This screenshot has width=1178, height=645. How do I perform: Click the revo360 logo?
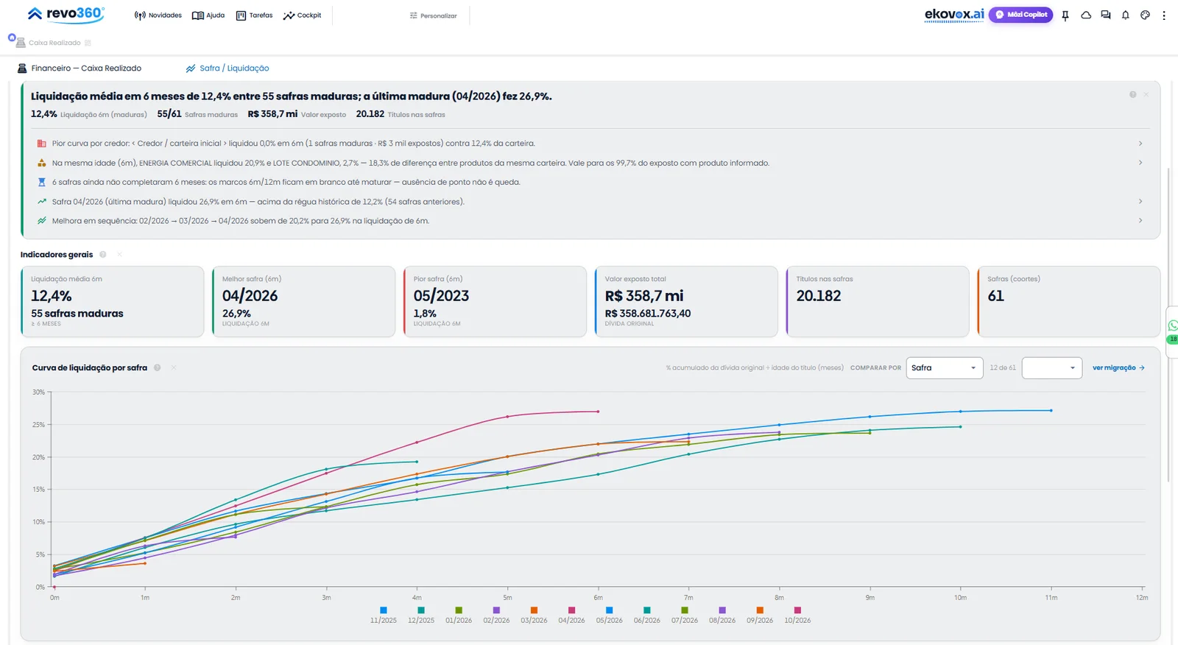pos(66,14)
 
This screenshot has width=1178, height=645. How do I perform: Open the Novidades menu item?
pos(158,15)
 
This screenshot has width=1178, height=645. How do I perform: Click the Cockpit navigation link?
pos(302,15)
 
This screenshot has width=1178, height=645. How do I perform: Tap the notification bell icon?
pos(1126,15)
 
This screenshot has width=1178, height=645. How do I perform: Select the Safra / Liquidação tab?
pos(228,68)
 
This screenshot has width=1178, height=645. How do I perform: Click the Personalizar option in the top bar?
pos(433,15)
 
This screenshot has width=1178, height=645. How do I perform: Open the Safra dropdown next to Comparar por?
pos(944,367)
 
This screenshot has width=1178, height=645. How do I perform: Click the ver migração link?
pos(1118,367)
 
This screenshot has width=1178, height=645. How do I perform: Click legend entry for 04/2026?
pos(571,615)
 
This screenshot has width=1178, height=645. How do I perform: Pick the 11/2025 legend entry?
pos(384,615)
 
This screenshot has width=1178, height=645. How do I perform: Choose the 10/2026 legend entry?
pos(797,615)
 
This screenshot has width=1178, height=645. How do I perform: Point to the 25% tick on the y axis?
pos(38,425)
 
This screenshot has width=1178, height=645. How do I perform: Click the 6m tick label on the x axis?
pos(598,598)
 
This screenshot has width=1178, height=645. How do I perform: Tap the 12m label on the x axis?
pos(1142,598)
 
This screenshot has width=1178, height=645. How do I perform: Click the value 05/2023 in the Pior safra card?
pos(441,296)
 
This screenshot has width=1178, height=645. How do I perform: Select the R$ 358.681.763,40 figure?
pos(648,314)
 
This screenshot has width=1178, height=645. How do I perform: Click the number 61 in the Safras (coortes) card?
pos(995,296)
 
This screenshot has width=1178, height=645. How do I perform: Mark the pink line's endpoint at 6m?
pos(598,412)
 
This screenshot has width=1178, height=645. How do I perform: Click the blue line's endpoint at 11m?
pos(1051,410)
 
